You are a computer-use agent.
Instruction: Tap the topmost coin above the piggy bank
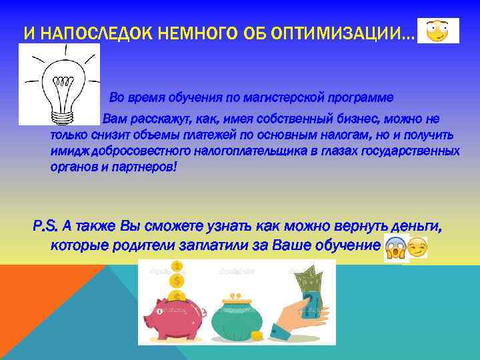pyautogui.click(x=177, y=266)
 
